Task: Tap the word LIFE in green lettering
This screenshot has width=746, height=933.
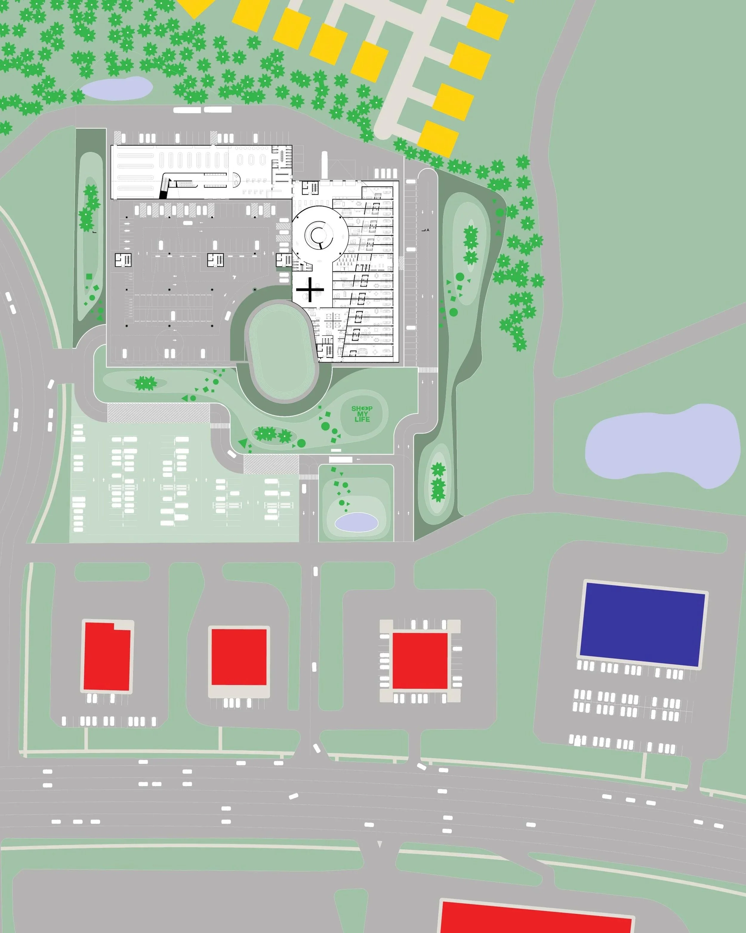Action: tap(362, 419)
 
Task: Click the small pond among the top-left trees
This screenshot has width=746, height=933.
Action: tap(116, 88)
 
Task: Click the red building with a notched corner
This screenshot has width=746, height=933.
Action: tap(107, 656)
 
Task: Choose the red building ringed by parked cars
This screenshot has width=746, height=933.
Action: tap(420, 661)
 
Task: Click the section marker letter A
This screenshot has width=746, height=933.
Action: tap(428, 230)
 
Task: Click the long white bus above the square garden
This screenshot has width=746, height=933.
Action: tap(341, 459)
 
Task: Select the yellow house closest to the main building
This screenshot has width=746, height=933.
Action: tap(438, 139)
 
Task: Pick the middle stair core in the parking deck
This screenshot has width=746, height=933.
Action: tap(215, 260)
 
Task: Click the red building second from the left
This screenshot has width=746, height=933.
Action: tap(238, 657)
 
